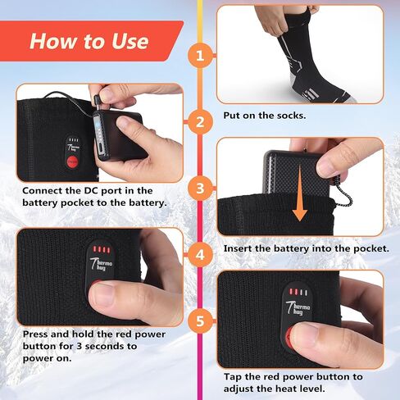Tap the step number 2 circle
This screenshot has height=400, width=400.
click(199, 123)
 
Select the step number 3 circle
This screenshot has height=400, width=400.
click(199, 189)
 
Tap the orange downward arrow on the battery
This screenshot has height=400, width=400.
click(300, 197)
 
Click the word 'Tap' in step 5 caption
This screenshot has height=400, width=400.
click(234, 376)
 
